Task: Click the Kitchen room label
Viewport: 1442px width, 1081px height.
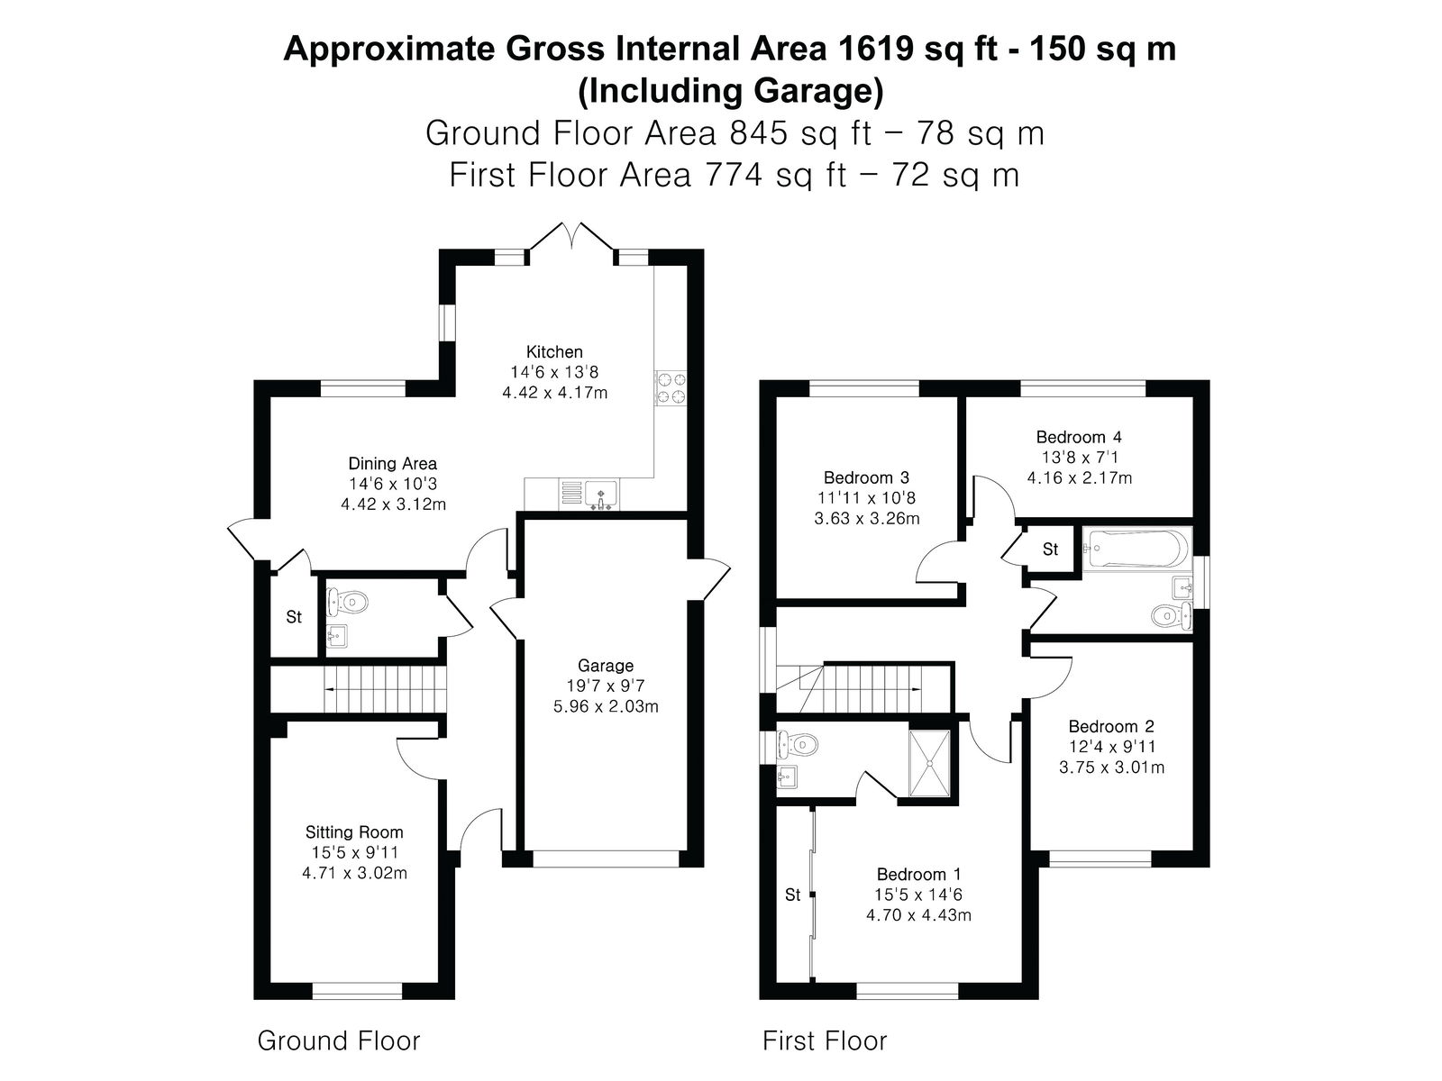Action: click(x=553, y=352)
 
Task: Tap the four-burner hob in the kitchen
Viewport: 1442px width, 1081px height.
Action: click(x=671, y=387)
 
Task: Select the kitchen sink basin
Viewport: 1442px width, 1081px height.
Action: click(x=601, y=495)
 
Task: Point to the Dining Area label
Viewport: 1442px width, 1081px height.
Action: click(x=392, y=463)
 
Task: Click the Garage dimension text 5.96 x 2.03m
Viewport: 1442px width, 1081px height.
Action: click(x=606, y=706)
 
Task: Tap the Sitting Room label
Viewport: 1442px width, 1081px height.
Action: click(x=354, y=832)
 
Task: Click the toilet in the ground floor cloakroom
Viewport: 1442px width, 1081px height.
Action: click(x=348, y=601)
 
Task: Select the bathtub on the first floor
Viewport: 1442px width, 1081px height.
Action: click(x=1138, y=548)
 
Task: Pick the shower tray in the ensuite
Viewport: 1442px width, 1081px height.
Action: click(x=929, y=763)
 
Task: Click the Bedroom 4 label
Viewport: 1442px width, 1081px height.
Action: click(x=1079, y=437)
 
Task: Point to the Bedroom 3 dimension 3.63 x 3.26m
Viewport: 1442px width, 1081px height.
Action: click(x=866, y=519)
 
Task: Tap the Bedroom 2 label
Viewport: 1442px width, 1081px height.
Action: click(x=1111, y=727)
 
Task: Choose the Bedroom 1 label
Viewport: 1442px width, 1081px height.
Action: click(x=918, y=874)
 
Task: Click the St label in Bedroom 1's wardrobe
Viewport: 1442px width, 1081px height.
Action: click(x=792, y=895)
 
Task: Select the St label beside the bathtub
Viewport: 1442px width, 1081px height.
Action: click(x=1050, y=549)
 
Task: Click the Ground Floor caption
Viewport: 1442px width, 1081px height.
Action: click(x=338, y=1041)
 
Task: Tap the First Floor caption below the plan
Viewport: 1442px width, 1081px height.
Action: click(x=825, y=1041)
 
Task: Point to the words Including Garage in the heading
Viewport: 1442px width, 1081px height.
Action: click(x=731, y=91)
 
